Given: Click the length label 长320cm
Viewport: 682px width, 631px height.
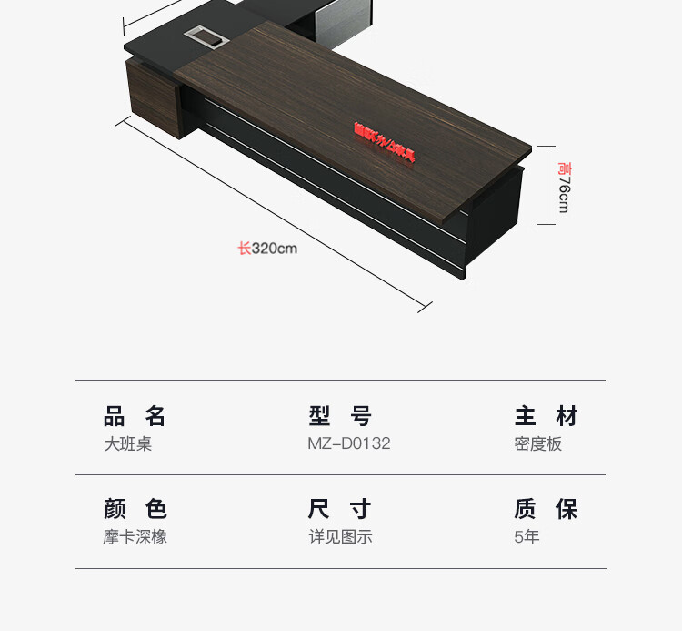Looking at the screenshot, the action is click(267, 248).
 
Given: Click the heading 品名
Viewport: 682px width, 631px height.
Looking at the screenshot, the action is click(135, 417).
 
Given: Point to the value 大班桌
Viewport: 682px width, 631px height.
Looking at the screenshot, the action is click(127, 444).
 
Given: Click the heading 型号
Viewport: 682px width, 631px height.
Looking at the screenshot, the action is click(340, 417).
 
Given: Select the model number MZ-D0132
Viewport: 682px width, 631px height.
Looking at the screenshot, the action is click(349, 444).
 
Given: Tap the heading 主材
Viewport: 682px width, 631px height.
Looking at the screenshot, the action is click(546, 417).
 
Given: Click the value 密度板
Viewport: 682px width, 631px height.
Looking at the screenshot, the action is click(538, 444).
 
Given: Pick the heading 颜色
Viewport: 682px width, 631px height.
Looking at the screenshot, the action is click(135, 509).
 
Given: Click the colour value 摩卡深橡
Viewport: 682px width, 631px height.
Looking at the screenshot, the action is click(135, 536).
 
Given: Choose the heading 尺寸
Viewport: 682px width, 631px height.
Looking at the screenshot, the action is click(340, 509).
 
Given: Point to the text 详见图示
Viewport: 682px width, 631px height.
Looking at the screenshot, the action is click(340, 536).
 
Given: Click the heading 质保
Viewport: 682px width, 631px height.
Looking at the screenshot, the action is click(546, 509).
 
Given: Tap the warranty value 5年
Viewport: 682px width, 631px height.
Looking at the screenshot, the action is click(527, 536).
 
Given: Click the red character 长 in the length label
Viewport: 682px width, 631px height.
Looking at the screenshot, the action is click(244, 248).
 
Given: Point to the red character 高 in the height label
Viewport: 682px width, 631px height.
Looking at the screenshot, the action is click(564, 168).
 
